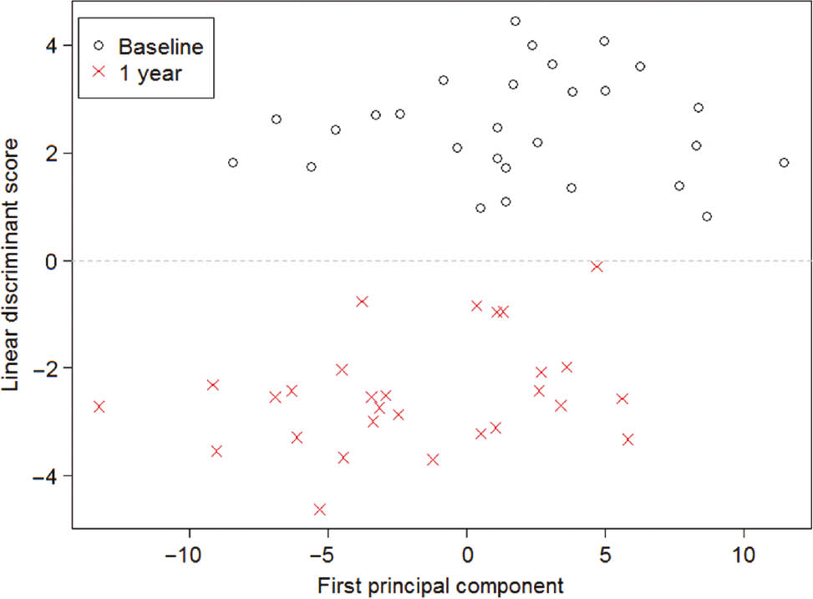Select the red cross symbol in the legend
coord(99,72)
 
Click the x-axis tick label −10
coord(189,556)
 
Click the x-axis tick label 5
coord(604,556)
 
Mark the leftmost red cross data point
coord(99,407)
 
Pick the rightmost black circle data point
coord(784,163)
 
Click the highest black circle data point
coord(516,22)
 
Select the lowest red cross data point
coord(319,510)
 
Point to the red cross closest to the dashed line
coord(597,267)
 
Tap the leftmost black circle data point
coord(233,163)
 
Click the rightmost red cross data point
coord(628,439)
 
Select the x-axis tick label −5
coord(328,556)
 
